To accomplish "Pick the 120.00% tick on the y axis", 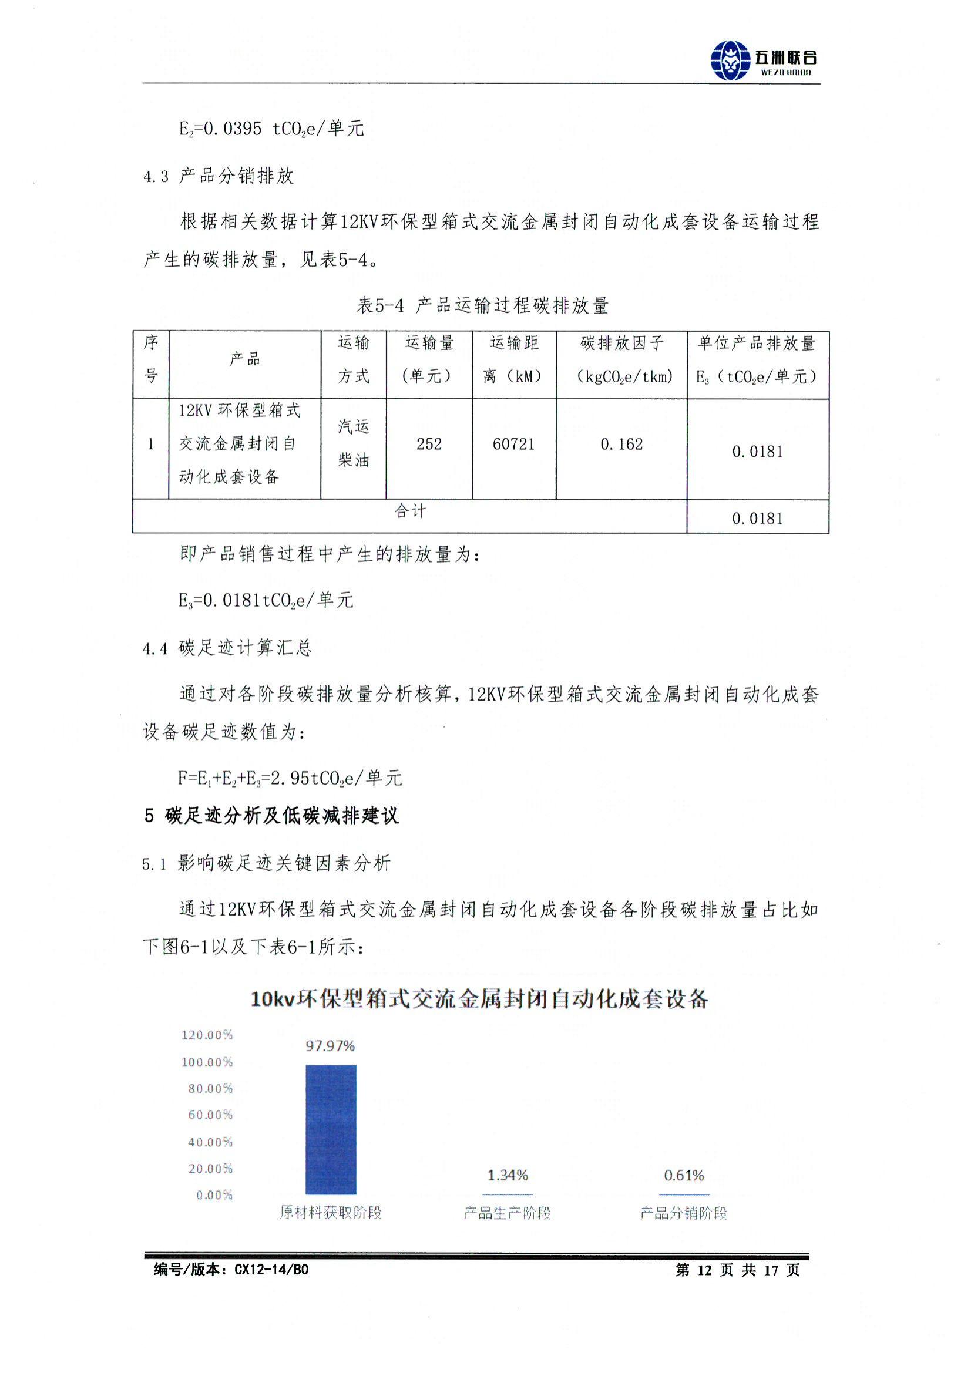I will tap(207, 1035).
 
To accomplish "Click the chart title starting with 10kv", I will tap(479, 999).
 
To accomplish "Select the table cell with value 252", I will tap(429, 444).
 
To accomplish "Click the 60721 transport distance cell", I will tap(513, 444).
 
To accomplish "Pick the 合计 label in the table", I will tap(410, 511).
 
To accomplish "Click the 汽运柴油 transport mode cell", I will tap(353, 443).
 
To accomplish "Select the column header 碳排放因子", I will tap(621, 343).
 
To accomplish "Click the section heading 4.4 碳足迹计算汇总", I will tap(227, 648).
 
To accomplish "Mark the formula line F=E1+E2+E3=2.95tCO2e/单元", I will tap(290, 778).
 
